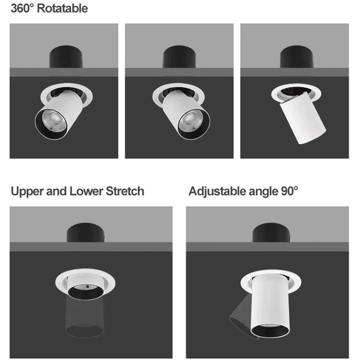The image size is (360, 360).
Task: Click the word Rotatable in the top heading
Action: pyautogui.click(x=63, y=8)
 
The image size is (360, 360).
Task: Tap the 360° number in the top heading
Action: pyautogui.click(x=22, y=8)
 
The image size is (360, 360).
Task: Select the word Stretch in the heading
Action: pyautogui.click(x=125, y=191)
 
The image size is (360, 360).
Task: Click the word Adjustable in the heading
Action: pyautogui.click(x=217, y=192)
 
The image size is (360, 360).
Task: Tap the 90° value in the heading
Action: pyautogui.click(x=290, y=191)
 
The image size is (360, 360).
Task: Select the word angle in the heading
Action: pyautogui.click(x=263, y=192)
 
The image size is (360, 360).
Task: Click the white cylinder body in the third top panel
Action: pyautogui.click(x=303, y=118)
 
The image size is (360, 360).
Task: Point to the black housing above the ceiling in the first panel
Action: pyautogui.click(x=66, y=57)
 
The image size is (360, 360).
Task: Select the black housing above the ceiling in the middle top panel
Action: pyautogui.click(x=179, y=57)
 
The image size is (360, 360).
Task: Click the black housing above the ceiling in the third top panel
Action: pyautogui.click(x=297, y=57)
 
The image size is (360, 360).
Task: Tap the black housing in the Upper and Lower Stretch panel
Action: pyautogui.click(x=86, y=233)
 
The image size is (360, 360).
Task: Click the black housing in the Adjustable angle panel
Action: pyautogui.click(x=271, y=233)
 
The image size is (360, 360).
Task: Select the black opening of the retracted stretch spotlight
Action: pyautogui.click(x=86, y=293)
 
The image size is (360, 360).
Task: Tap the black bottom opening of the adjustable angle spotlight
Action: pyautogui.click(x=270, y=331)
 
